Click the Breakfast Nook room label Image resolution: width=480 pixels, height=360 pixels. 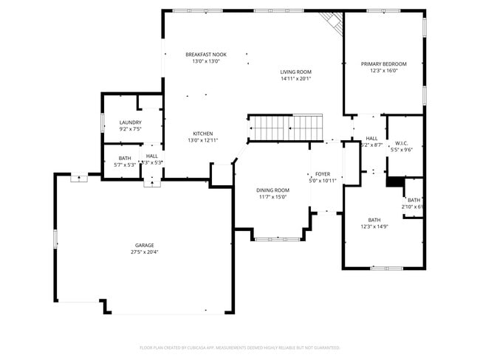[206, 55]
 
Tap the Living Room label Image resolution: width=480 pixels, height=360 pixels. [295, 72]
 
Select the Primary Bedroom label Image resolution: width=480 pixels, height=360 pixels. [383, 64]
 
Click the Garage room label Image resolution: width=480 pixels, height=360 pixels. [144, 245]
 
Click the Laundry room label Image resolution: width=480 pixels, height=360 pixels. [130, 122]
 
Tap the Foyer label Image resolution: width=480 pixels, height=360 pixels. [322, 173]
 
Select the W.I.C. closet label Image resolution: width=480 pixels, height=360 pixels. [402, 143]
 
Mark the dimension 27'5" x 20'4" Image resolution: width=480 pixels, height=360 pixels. [144, 252]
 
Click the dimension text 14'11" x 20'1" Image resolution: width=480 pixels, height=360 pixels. [295, 79]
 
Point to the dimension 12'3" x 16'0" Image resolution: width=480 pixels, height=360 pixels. [383, 72]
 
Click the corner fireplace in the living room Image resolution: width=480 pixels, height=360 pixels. [333, 23]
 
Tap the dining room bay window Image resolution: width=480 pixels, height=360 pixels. [278, 238]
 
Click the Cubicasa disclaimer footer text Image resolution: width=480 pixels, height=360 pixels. [239, 347]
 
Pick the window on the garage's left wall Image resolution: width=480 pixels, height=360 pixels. [55, 239]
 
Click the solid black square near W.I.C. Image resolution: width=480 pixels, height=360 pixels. [394, 181]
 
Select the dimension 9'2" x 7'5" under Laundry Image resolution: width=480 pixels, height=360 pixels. [130, 129]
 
